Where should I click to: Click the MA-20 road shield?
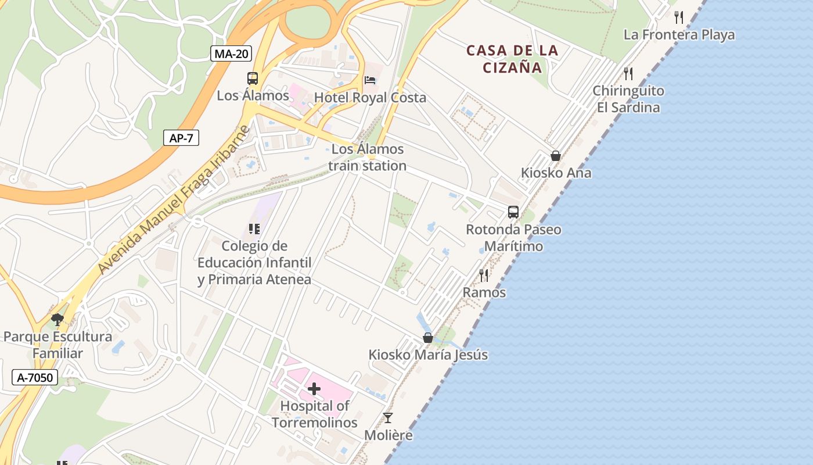coord(231,54)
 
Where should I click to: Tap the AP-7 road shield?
coord(181,138)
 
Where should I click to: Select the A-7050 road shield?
coord(35,377)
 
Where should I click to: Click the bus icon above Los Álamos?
coord(253,78)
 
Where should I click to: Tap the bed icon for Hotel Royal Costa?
coord(370,80)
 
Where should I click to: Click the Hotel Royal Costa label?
coord(370,98)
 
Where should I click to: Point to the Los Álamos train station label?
coord(367,157)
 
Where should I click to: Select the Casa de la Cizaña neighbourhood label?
coord(513,59)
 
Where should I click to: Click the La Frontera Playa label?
coord(679,35)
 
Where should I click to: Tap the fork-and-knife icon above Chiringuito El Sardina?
coord(628,73)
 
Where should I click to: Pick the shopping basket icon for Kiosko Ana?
coord(556,155)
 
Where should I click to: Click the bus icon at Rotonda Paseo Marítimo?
coord(513,212)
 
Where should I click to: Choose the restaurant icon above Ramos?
coord(484,275)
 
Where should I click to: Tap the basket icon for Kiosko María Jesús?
coord(428,337)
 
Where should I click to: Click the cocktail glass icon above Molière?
coord(388,417)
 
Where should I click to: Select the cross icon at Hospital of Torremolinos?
coord(314,388)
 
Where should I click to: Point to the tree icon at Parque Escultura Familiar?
coord(57,319)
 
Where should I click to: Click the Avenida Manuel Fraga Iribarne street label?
coord(173,201)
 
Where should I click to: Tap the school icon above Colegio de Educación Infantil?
coord(254,229)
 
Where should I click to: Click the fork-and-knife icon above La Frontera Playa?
coord(679,17)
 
